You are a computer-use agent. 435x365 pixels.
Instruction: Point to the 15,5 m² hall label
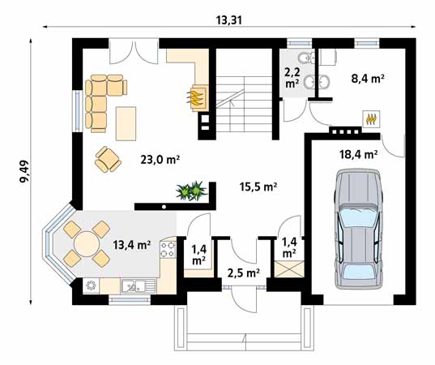(x=259, y=187)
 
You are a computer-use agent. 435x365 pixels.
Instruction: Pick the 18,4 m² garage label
(x=358, y=152)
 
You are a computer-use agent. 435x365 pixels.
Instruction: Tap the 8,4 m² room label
(x=367, y=79)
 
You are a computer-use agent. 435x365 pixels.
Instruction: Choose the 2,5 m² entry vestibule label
(x=243, y=273)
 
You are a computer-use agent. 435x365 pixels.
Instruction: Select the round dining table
(x=83, y=243)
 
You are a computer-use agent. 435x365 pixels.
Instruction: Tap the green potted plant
(x=192, y=191)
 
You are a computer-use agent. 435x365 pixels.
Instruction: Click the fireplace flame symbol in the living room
(x=197, y=97)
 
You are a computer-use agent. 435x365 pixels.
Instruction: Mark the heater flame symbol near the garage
(x=372, y=118)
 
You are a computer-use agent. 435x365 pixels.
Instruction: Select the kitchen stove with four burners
(x=168, y=250)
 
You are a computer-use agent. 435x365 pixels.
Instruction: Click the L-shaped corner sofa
(x=101, y=97)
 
